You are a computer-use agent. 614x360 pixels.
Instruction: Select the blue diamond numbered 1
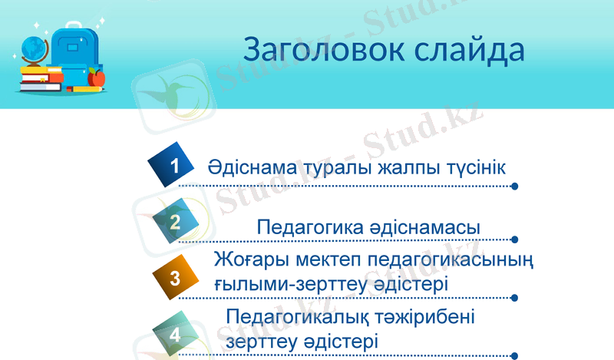click(175, 165)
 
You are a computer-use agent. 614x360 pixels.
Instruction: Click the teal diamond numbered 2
click(175, 223)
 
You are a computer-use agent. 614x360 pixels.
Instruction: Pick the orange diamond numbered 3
click(175, 279)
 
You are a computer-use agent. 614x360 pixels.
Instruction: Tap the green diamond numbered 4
click(175, 335)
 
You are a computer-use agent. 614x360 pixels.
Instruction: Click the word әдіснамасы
click(426, 227)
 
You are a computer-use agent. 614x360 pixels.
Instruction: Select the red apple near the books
click(97, 76)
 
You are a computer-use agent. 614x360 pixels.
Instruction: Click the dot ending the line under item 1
click(514, 186)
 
